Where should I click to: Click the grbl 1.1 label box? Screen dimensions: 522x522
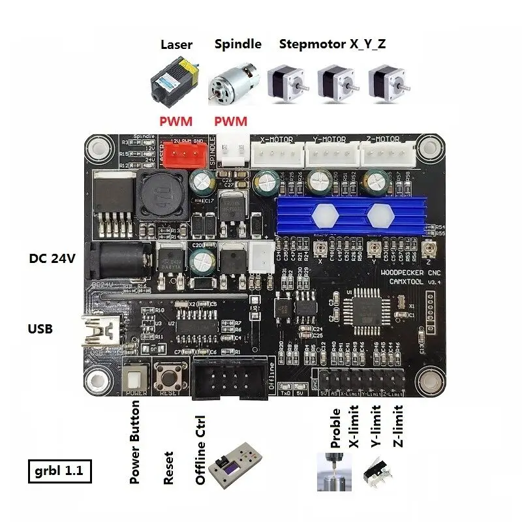click(x=60, y=470)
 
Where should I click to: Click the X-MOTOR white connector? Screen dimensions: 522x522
click(x=277, y=155)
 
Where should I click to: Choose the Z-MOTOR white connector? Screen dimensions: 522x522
click(x=390, y=155)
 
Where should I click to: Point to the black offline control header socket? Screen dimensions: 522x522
click(x=228, y=378)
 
